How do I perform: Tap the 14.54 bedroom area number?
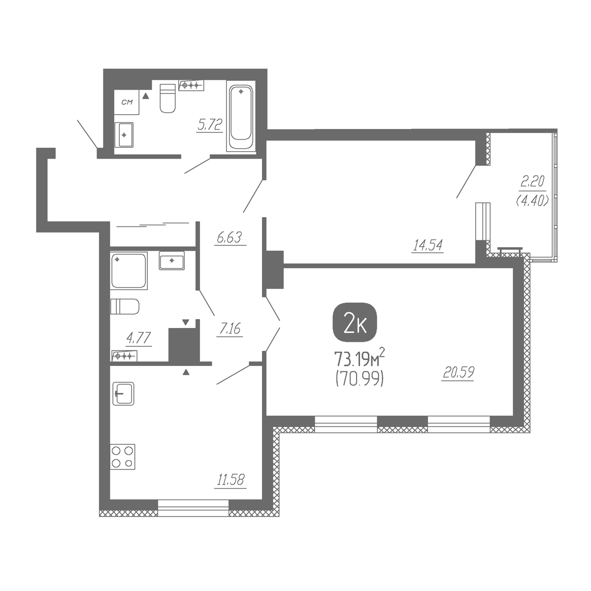coord(428,245)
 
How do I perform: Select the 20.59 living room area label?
coord(459,372)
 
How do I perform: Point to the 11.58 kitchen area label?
coord(230,480)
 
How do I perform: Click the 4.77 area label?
coord(138,338)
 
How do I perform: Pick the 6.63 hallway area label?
coord(230,237)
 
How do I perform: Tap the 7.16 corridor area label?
coord(230,329)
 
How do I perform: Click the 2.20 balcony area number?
coord(532,182)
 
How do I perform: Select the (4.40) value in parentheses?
coord(532,200)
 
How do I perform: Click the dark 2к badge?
coord(355,322)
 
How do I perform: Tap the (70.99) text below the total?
coord(360,380)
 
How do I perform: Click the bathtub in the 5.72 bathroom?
coord(241,116)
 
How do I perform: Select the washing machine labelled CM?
coord(127,102)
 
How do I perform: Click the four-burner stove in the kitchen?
coord(123,457)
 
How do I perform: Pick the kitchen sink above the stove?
coord(123,394)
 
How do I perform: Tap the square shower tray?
coord(129,271)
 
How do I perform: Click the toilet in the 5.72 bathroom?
coord(168,98)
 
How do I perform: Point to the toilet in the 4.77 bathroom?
coord(125,307)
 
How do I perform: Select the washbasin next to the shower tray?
coord(172,261)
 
